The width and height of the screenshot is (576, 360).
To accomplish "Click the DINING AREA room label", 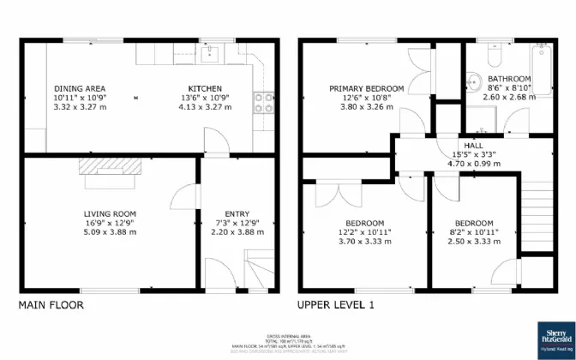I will [80, 88].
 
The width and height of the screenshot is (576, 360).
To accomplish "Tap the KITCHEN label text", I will [205, 88].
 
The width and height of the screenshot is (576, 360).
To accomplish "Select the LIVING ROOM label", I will [110, 213].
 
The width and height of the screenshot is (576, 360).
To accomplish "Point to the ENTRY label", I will [237, 213].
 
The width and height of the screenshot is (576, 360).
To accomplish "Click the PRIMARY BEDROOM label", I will [367, 88].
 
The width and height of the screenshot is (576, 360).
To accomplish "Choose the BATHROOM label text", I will [509, 78].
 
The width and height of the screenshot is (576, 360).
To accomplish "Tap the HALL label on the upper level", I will [473, 146].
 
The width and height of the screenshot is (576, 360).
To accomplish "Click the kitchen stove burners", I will [264, 102].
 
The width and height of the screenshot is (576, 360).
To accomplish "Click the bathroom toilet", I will [493, 55].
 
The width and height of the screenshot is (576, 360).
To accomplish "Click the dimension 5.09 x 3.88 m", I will [110, 232].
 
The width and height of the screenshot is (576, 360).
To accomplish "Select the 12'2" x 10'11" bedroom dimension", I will [364, 232].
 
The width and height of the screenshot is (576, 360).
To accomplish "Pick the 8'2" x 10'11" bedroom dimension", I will [474, 232].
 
